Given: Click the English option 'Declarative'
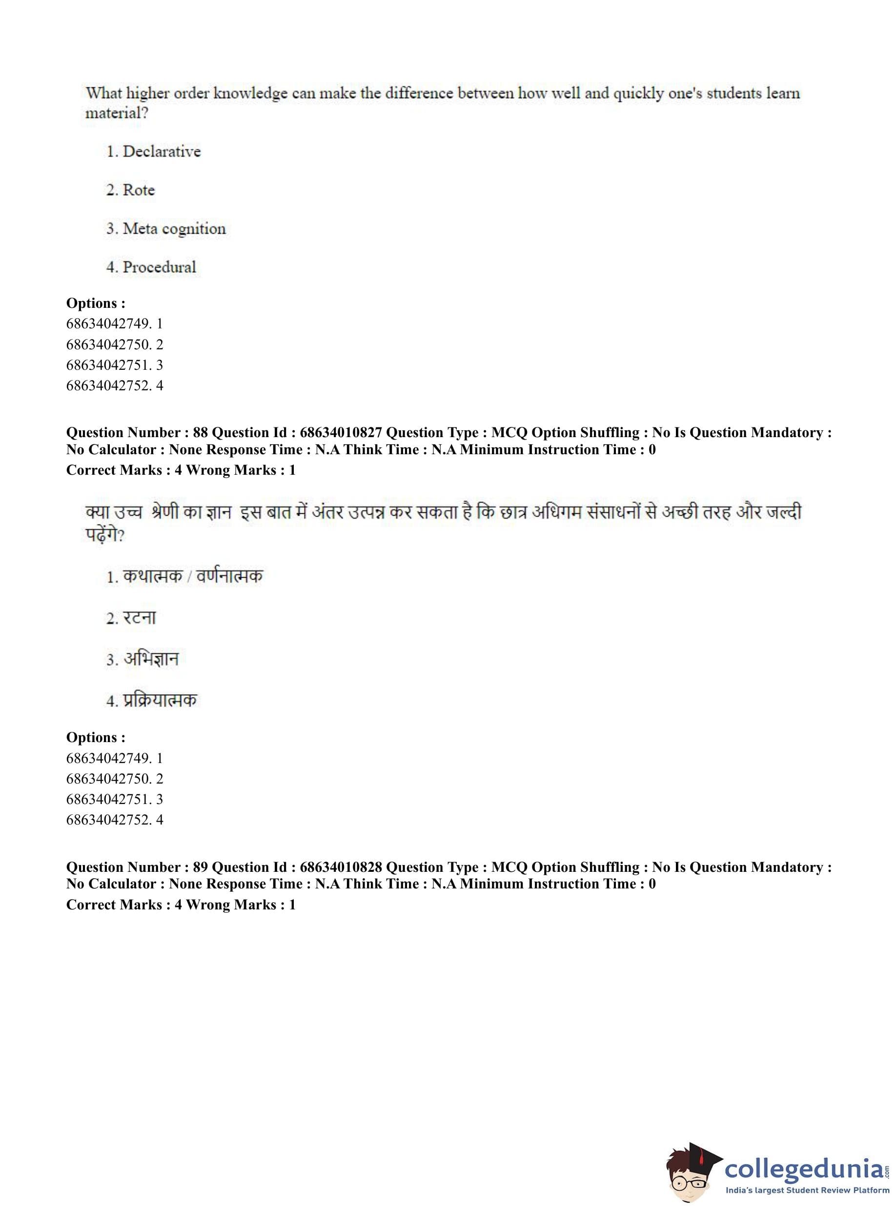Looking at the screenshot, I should pos(161,151).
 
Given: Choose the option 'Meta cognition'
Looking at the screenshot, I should pos(174,229).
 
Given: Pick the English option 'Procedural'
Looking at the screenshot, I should pos(159,267).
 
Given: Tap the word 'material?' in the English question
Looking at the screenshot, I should pos(117,113).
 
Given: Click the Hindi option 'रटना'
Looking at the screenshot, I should pos(140,618).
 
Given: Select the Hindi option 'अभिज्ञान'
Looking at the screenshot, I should pos(151,659).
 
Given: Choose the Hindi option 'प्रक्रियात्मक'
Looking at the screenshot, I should pos(160,700).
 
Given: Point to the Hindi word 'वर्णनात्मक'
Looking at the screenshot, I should pos(229,576).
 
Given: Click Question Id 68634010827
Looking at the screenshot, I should pos(341,433).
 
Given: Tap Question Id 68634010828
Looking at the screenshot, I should pos(341,867).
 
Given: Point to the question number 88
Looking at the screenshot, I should pos(200,433).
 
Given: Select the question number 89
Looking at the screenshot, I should pos(200,867).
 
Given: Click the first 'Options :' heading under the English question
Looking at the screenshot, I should pos(96,303).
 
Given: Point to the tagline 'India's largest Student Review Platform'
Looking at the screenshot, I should pos(807,1190).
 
